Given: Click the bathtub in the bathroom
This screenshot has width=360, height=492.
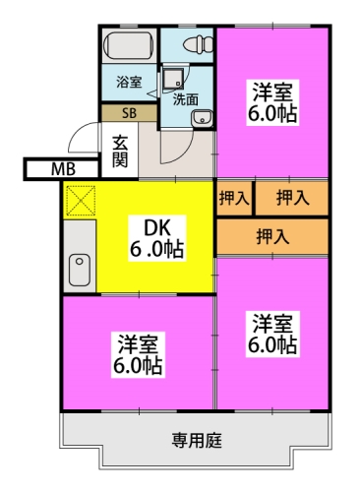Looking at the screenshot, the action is (129, 46).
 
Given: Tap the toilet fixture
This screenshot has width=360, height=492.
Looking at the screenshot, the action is (199, 44).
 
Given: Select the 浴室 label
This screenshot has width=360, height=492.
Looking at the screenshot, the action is (129, 82).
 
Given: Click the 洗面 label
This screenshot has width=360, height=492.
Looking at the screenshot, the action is (186, 99).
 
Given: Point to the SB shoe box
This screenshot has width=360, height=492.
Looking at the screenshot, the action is (129, 113).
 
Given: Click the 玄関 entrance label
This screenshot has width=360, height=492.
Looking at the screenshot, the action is (120, 151).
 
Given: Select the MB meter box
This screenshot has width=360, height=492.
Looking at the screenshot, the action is (62, 169).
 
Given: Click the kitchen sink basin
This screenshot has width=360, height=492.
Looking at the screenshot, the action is (80, 270).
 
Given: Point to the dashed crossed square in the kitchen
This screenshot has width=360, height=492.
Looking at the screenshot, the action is (81, 201).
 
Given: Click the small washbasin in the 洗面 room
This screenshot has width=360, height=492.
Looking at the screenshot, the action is (202, 118).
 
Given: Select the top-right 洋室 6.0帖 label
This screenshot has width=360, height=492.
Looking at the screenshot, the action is (272, 102).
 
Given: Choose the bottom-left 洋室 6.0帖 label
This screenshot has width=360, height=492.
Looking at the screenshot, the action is (138, 355).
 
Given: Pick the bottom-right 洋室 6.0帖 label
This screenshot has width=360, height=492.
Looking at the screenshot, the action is (272, 334).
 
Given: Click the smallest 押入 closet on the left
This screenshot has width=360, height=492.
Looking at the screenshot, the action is (234, 199).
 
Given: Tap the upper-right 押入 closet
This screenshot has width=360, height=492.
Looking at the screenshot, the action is (292, 199).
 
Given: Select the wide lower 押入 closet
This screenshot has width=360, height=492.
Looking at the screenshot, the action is (272, 236).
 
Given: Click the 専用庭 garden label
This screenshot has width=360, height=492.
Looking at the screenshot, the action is (197, 441).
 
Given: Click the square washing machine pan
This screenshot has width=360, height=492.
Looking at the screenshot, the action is (173, 79).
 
